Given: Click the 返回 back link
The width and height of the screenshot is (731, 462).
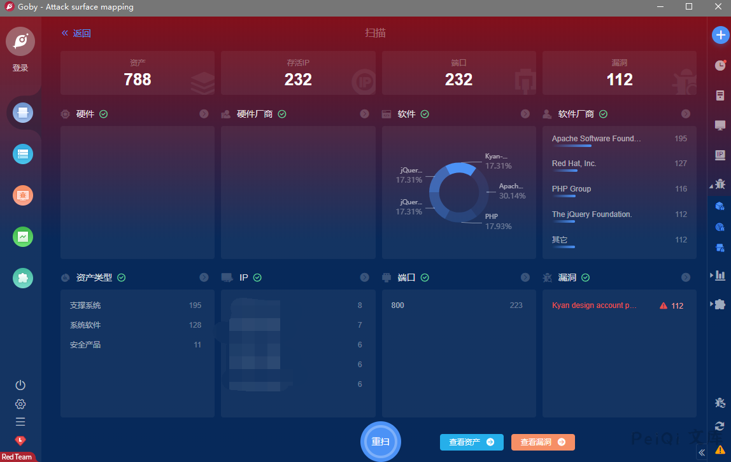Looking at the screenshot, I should click(x=76, y=34).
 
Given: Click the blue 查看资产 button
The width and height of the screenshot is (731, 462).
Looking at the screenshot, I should click(x=471, y=442).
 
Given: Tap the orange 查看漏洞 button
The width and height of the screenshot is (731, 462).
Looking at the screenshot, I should click(x=543, y=442).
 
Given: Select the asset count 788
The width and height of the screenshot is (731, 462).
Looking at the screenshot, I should click(x=138, y=80).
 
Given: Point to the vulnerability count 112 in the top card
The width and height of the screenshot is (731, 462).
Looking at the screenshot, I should click(x=619, y=80).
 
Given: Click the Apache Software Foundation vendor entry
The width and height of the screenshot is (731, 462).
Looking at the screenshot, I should click(x=596, y=139).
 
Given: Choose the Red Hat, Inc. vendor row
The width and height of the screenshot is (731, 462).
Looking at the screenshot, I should click(x=574, y=164).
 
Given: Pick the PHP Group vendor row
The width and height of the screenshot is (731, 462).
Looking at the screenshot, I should click(x=571, y=189).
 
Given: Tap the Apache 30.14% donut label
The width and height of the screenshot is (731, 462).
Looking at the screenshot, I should click(x=512, y=191).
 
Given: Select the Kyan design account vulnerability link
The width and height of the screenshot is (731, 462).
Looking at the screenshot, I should click(x=594, y=305).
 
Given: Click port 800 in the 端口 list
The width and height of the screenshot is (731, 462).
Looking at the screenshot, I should click(x=398, y=305).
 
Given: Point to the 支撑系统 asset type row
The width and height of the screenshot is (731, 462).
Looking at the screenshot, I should click(x=85, y=305).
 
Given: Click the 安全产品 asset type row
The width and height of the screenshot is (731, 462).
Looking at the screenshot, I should click(x=85, y=345).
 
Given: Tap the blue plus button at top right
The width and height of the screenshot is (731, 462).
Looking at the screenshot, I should click(x=720, y=35).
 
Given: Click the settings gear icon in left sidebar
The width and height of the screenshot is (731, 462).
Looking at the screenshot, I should click(x=20, y=404).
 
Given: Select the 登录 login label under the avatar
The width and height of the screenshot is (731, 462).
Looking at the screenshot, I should click(x=20, y=68).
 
